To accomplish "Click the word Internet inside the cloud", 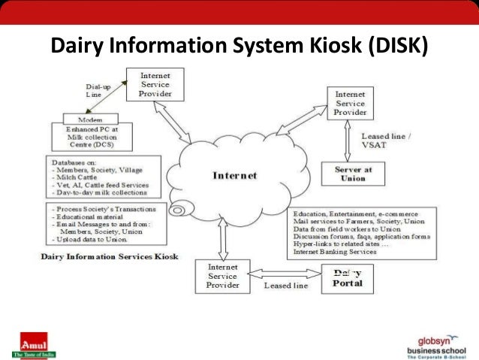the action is [x=234, y=175].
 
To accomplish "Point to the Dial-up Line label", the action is [x=98, y=92].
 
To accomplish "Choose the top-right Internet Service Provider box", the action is [x=350, y=102].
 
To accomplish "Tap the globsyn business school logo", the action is [x=435, y=345].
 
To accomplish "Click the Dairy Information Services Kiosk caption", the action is [x=110, y=257].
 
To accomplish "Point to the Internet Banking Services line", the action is [x=335, y=252].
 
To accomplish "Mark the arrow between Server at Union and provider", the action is [x=346, y=141].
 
